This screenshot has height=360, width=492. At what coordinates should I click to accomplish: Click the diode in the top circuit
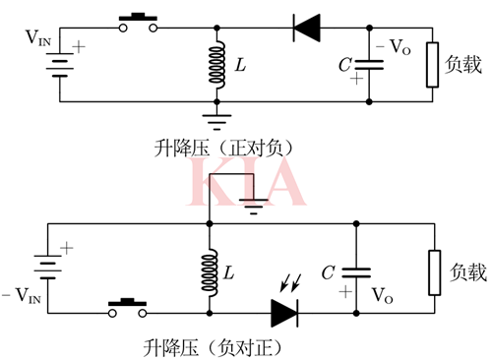pyautogui.click(x=307, y=28)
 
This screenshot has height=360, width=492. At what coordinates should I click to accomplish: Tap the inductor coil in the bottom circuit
pyautogui.click(x=210, y=270)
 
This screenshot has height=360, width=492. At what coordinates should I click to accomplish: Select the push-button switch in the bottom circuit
pyautogui.click(x=125, y=310)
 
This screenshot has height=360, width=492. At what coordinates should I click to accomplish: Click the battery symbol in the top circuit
pyautogui.click(x=60, y=65)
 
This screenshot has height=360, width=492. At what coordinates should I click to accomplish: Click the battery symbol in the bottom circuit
pyautogui.click(x=46, y=266)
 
